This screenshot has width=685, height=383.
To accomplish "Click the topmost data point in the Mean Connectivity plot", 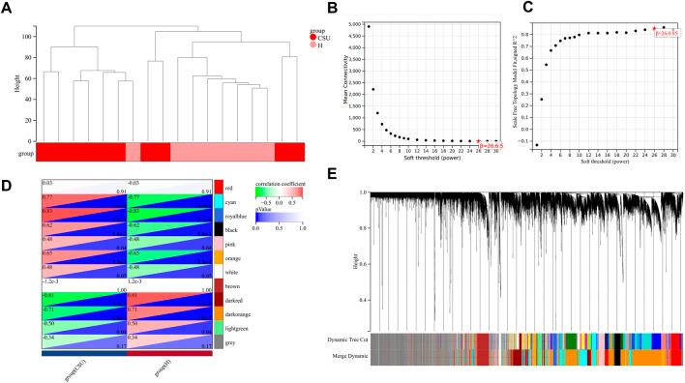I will pos(368,26).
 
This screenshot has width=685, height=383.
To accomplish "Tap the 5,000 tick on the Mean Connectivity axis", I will pos(354,24).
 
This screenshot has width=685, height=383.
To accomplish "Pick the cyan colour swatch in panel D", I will pos(220,199).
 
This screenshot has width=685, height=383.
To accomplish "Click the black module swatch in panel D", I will pos(220,230).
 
